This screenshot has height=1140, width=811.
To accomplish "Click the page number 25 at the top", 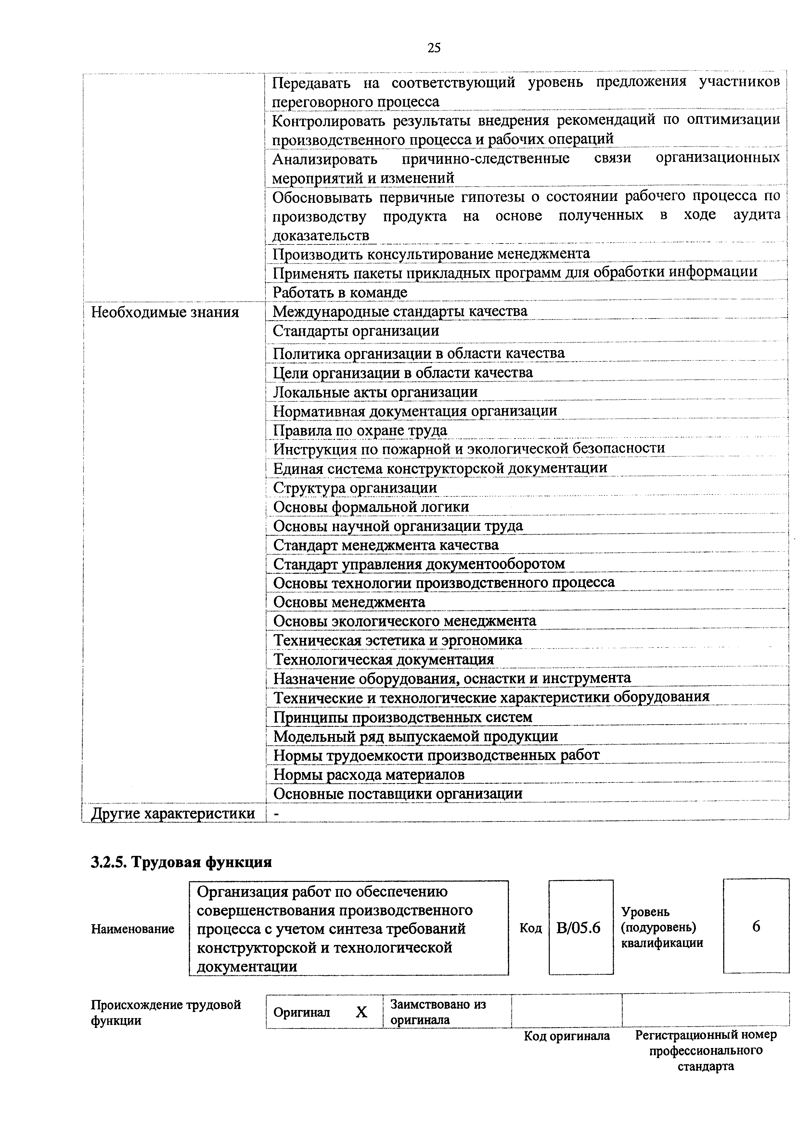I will click(434, 48).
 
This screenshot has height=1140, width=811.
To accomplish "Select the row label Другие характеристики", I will click(173, 814).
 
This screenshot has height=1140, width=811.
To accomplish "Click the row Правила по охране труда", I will click(360, 430).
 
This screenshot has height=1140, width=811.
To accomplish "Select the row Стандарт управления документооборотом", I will click(419, 564).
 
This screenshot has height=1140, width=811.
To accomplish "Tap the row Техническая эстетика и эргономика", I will click(397, 640).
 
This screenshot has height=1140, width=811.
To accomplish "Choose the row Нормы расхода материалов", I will click(369, 775).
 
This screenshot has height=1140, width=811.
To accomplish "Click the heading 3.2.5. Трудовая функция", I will click(181, 862).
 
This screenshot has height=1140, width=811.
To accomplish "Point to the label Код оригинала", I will click(567, 1036).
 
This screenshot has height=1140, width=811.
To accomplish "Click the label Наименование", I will click(133, 929).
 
